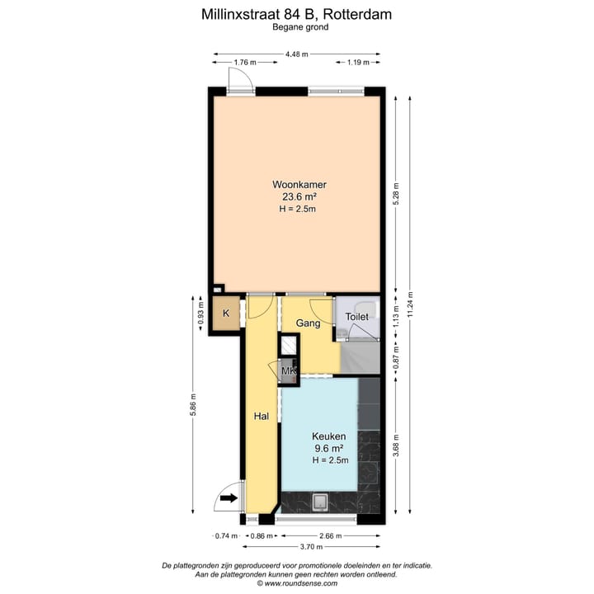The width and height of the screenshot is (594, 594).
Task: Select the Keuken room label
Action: point(328,436)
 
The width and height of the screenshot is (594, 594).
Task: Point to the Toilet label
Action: point(356,317)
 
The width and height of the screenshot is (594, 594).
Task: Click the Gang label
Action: point(309,323)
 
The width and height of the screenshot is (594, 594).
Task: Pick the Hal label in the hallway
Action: point(262,416)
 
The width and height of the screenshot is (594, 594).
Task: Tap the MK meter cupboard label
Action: point(289,372)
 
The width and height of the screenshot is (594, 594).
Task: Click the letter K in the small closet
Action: point(225,313)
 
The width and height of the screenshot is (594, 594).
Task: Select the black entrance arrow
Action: point(229,497)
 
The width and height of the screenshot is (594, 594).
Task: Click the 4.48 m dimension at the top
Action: point(297,54)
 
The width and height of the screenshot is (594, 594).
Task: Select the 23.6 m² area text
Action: point(299,197)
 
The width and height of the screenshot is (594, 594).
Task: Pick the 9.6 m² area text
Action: point(328,449)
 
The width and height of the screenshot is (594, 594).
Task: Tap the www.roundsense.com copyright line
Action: point(297,583)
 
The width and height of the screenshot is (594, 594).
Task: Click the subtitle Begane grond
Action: point(300,27)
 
